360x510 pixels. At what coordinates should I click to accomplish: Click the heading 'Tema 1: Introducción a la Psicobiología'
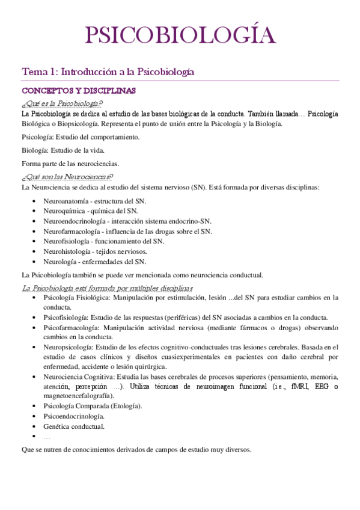point(108,72)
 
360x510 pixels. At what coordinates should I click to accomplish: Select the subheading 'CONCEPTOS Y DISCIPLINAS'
point(79,91)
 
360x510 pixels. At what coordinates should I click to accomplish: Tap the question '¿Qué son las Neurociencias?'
point(67,176)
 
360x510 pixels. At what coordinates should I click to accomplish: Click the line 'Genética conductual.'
point(74,426)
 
